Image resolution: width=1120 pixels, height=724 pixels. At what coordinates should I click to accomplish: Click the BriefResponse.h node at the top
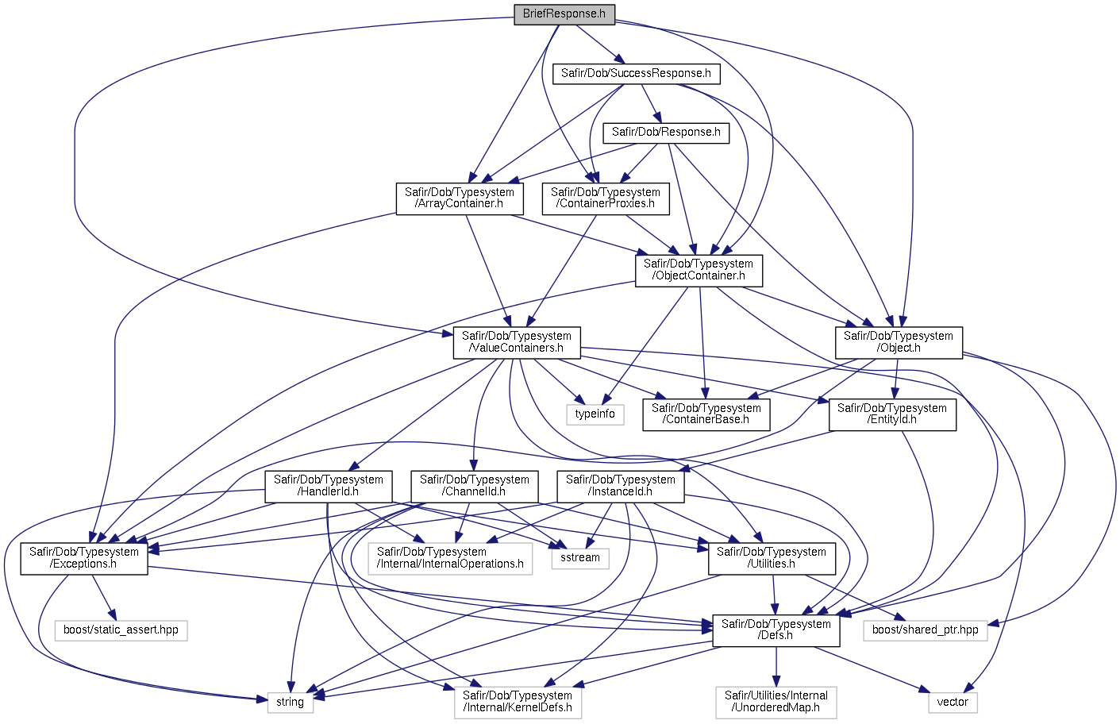pyautogui.click(x=564, y=14)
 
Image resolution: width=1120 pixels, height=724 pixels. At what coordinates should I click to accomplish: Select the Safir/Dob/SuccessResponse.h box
pyautogui.click(x=636, y=74)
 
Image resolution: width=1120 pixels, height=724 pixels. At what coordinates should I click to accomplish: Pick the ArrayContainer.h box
pyautogui.click(x=460, y=198)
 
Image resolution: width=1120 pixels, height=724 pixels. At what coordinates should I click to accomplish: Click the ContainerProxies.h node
pyautogui.click(x=606, y=198)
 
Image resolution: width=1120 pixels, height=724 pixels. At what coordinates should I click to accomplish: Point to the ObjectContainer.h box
pyautogui.click(x=699, y=271)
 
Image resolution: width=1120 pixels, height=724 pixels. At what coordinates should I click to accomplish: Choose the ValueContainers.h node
pyautogui.click(x=517, y=342)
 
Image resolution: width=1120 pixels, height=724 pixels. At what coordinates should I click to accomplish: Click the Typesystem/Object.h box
pyautogui.click(x=899, y=342)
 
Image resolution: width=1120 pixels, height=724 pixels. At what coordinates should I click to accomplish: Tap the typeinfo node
pyautogui.click(x=595, y=414)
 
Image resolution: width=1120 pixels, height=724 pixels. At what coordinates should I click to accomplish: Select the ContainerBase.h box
pyautogui.click(x=706, y=414)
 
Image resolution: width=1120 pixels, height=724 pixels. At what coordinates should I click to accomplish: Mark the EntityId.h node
pyautogui.click(x=892, y=414)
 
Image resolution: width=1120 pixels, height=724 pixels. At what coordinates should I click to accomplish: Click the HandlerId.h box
pyautogui.click(x=329, y=487)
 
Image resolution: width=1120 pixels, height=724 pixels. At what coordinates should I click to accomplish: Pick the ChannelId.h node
pyautogui.click(x=475, y=487)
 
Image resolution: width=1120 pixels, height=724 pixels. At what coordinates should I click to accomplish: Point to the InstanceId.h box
pyautogui.click(x=621, y=487)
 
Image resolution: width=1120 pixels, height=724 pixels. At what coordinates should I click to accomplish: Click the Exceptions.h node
pyautogui.click(x=84, y=559)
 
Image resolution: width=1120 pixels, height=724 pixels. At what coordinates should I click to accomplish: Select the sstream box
pyautogui.click(x=580, y=559)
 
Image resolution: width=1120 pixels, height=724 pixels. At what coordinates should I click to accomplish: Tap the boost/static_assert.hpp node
pyautogui.click(x=121, y=630)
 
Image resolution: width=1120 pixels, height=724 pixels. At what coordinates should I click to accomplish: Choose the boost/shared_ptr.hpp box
pyautogui.click(x=926, y=630)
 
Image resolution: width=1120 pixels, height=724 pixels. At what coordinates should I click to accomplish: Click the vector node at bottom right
pyautogui.click(x=953, y=703)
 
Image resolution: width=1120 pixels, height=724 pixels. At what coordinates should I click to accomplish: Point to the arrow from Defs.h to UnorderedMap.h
pyautogui.click(x=776, y=668)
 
